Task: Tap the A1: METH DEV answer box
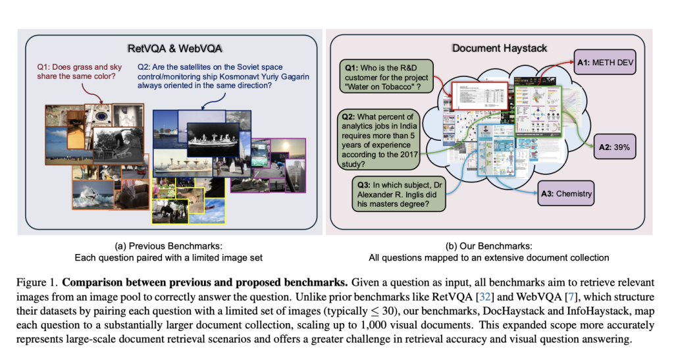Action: coord(604,63)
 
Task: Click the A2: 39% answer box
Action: coord(613,147)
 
